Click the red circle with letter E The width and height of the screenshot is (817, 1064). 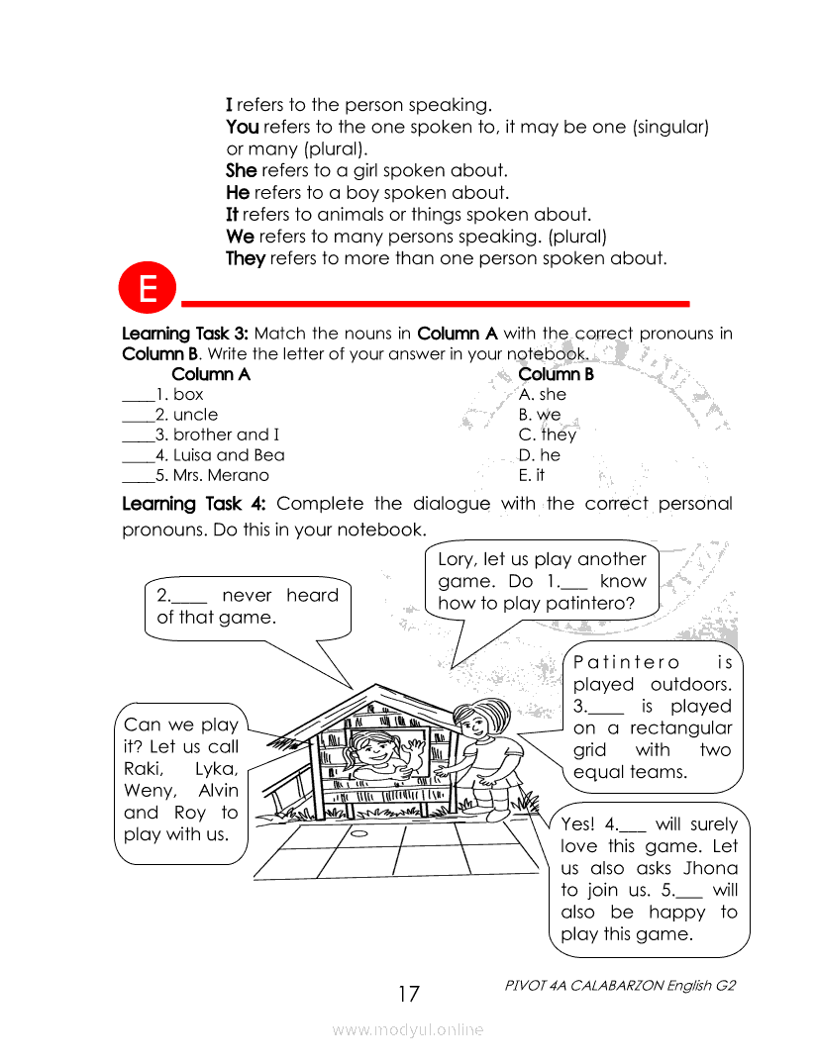coord(148,288)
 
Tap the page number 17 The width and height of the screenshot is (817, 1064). coord(408,994)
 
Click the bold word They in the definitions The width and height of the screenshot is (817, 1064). coord(245,258)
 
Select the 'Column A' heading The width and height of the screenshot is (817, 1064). coord(211,374)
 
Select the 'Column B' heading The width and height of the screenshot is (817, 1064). coord(556,374)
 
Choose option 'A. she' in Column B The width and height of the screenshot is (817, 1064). coord(542,394)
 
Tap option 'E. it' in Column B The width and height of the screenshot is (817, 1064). coord(532,476)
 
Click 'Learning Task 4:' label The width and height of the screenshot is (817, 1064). coord(193,504)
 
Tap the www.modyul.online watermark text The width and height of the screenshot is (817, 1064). coord(408,1029)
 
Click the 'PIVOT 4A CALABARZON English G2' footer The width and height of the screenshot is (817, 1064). coord(620,986)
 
